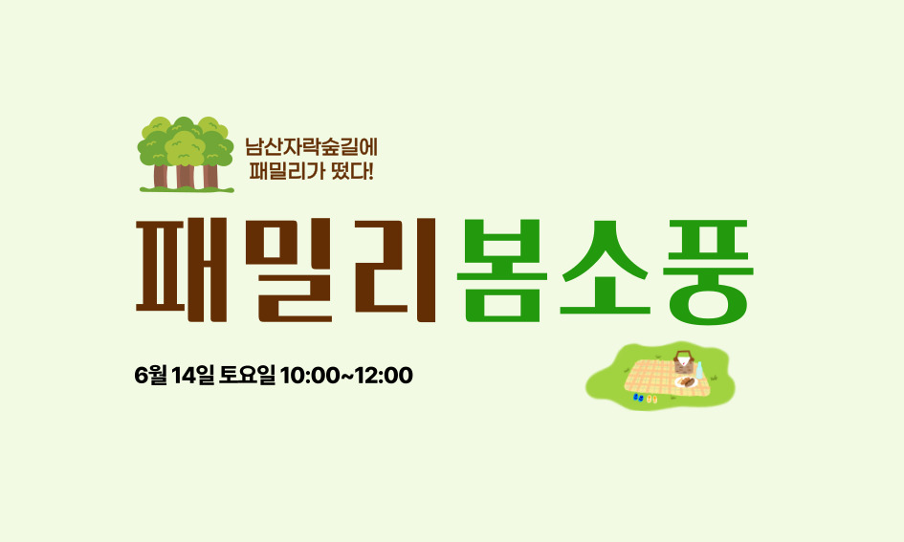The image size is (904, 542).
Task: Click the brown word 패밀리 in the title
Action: (285, 269)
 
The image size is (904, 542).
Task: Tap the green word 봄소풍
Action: (604, 271)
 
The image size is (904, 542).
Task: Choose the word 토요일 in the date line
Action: (248, 376)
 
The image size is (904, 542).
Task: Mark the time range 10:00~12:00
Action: (346, 376)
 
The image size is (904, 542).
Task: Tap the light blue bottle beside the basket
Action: (699, 369)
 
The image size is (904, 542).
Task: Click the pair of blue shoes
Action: (638, 396)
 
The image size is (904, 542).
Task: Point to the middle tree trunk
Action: (185, 176)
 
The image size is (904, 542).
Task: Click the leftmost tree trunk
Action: (160, 176)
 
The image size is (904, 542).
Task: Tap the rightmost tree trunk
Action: (210, 176)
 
